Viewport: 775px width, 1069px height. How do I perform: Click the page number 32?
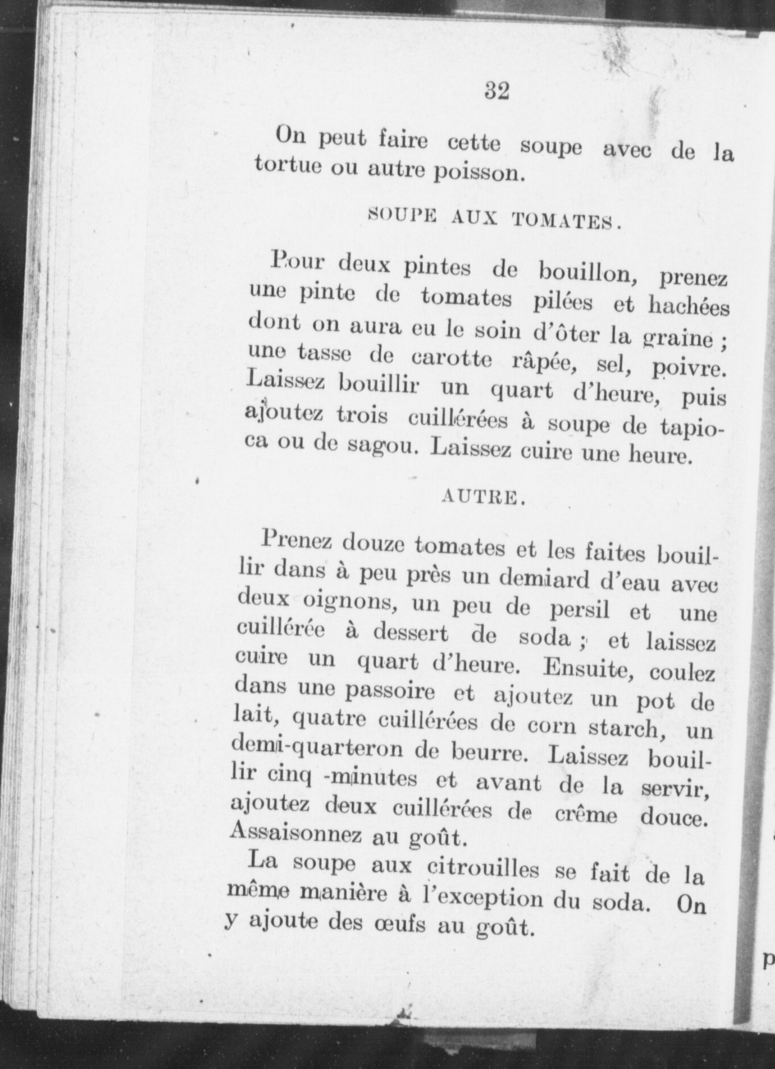click(497, 91)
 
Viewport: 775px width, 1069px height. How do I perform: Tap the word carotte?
click(452, 360)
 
